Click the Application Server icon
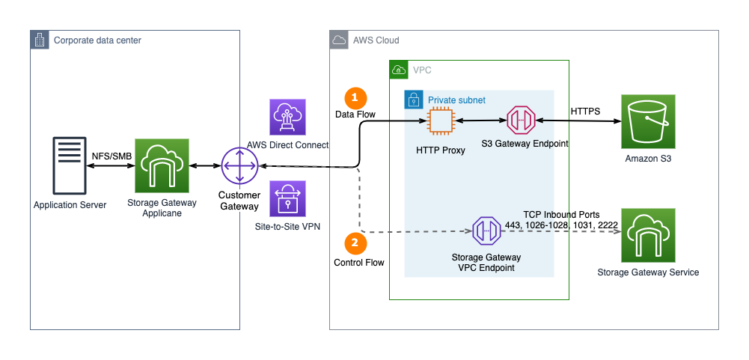69,165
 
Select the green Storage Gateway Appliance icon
162,165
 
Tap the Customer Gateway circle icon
239,165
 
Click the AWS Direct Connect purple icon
288,118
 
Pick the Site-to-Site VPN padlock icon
288,199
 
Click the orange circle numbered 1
355,98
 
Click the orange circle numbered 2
355,244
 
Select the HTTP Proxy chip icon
441,121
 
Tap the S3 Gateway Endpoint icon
521,121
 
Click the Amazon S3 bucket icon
647,121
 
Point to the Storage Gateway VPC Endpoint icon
486,231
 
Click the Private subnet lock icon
412,100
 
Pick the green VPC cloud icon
399,70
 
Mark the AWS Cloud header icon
339,40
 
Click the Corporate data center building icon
40,40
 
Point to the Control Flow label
359,263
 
